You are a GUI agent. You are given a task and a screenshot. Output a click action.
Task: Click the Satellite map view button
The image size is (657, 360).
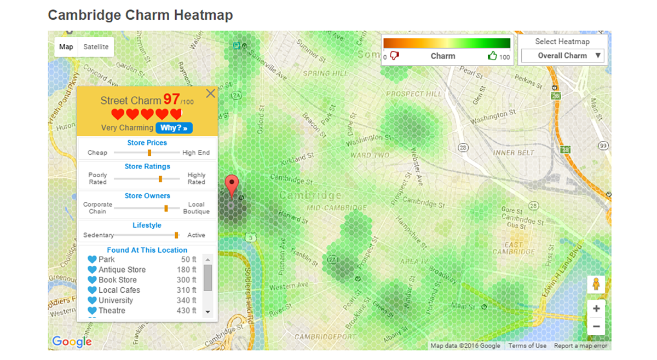coord(96,47)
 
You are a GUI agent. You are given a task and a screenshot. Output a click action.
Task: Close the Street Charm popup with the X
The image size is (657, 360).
coord(210,94)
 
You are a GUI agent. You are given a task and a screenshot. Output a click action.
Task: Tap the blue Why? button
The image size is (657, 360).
coord(174,128)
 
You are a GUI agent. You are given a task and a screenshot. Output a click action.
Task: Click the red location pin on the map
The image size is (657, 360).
coord(232,185)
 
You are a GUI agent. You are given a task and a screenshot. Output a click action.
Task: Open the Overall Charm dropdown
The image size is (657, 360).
coord(563,55)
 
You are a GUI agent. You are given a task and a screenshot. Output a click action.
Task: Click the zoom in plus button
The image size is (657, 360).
coord(596,309)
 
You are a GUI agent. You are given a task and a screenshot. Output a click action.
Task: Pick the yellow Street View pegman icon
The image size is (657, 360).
coord(596,284)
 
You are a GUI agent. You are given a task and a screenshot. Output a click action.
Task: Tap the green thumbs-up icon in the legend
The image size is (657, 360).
coord(492,56)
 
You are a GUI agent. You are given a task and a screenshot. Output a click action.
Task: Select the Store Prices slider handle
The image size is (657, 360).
coord(149,153)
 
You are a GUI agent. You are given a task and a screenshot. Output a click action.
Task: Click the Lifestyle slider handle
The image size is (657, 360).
coord(176,235)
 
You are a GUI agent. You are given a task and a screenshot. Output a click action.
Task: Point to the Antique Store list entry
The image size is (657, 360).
coord(122,270)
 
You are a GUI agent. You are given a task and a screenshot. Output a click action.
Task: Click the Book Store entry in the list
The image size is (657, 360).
coord(118,280)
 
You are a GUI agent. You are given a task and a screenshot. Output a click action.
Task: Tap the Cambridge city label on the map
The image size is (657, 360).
coord(310,195)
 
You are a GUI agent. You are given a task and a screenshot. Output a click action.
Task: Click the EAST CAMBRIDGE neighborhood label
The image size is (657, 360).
coord(513,248)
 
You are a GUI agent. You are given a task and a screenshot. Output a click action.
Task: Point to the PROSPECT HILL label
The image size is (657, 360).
coord(413,94)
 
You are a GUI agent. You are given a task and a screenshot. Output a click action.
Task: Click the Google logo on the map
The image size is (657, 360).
coord(72,342)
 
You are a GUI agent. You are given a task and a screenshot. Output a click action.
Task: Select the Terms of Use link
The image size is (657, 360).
coord(527,346)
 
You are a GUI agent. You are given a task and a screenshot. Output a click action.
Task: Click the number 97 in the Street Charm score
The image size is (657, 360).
coord(171,99)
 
